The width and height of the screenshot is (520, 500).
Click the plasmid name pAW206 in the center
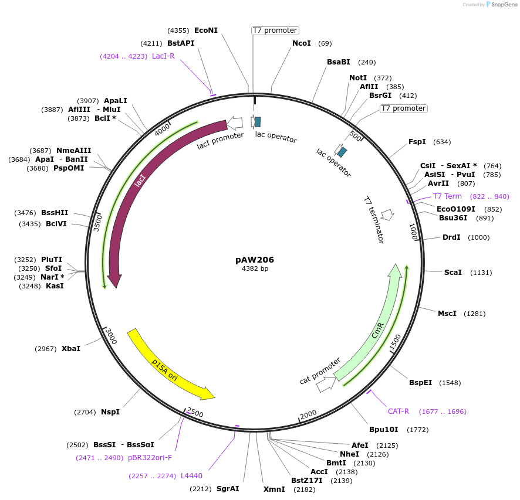click(255, 260)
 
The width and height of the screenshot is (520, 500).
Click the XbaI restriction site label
click(71, 349)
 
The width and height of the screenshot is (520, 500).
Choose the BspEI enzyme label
click(420, 383)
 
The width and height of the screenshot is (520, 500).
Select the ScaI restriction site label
click(453, 273)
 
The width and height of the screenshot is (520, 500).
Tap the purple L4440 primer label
click(191, 476)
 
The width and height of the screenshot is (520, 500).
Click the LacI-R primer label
click(163, 56)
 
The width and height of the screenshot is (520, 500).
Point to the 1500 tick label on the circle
click(395, 341)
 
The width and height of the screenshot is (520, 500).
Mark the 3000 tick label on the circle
click(112, 336)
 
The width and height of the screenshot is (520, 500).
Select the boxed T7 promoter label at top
click(275, 30)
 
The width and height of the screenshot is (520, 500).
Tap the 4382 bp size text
click(255, 269)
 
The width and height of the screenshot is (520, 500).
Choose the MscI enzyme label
click(447, 314)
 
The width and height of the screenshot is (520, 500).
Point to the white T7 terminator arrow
click(387, 215)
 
